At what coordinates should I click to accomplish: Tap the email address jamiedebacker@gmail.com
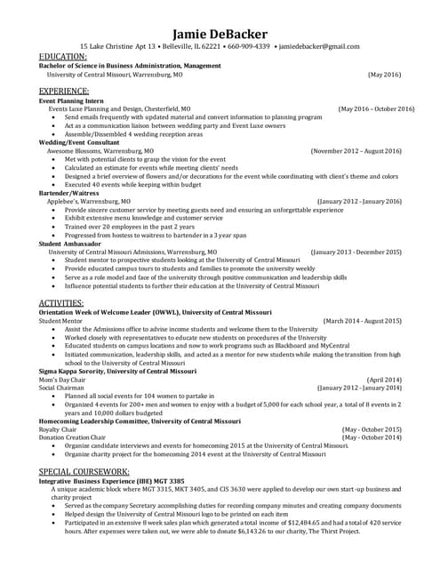(320, 46)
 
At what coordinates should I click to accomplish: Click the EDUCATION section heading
(63, 57)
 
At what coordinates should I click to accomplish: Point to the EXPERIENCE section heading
(64, 92)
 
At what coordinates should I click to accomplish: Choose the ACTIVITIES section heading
(61, 304)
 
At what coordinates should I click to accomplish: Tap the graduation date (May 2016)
(384, 76)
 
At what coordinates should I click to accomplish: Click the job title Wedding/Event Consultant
(79, 143)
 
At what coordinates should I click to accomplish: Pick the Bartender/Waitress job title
(69, 193)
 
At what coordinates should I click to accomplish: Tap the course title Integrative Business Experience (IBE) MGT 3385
(111, 480)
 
